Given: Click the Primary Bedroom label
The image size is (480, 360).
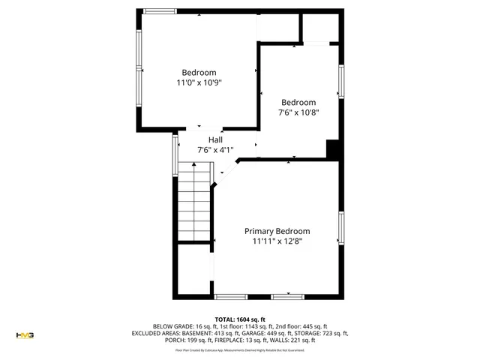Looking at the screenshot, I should pos(277,231).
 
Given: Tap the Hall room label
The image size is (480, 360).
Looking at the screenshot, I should pos(215,140).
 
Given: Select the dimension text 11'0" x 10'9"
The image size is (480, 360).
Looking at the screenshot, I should pos(199,82).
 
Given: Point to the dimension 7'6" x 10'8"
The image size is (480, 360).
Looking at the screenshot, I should pos(298,112).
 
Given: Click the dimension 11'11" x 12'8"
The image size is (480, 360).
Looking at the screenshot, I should pos(277,241).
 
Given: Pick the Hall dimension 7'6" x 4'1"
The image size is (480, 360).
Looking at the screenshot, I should pos(215,150).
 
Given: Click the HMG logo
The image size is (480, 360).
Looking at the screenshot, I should pos(25,334).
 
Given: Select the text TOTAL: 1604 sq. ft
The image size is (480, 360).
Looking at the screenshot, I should pos(240,319).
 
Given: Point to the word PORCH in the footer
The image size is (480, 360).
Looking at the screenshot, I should pos(175,340).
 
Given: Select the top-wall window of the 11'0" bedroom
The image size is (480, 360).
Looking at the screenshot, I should pos(160,10).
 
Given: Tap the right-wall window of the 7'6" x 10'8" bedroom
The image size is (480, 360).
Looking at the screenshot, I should pos(341,82).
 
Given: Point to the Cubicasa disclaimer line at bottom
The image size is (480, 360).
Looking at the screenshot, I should pos(240,349).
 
